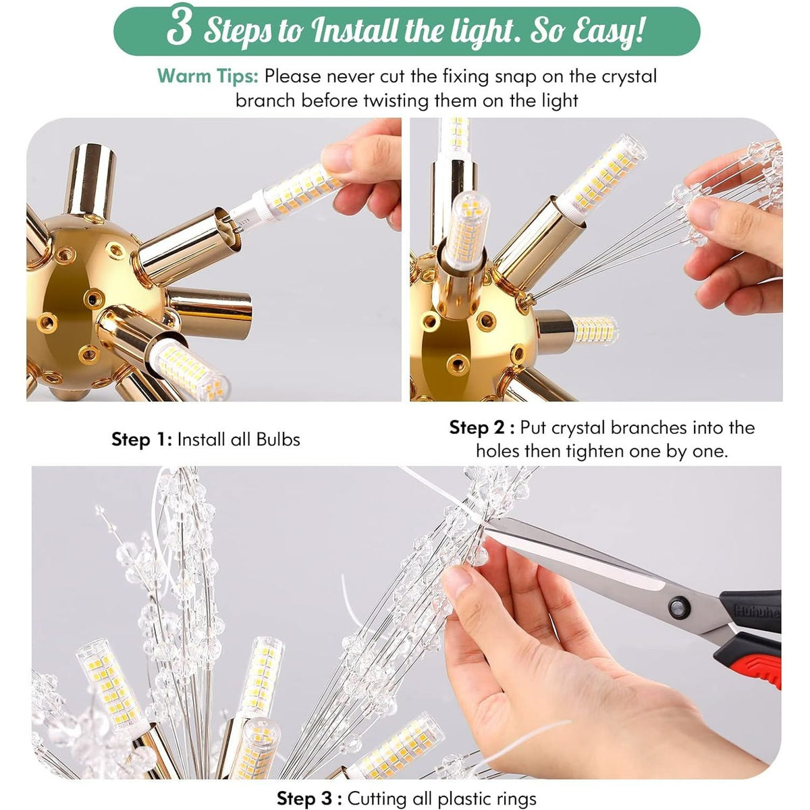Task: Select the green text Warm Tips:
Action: pyautogui.click(x=208, y=76)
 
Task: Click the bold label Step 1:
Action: pyautogui.click(x=141, y=439)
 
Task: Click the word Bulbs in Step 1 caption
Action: pyautogui.click(x=278, y=439)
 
